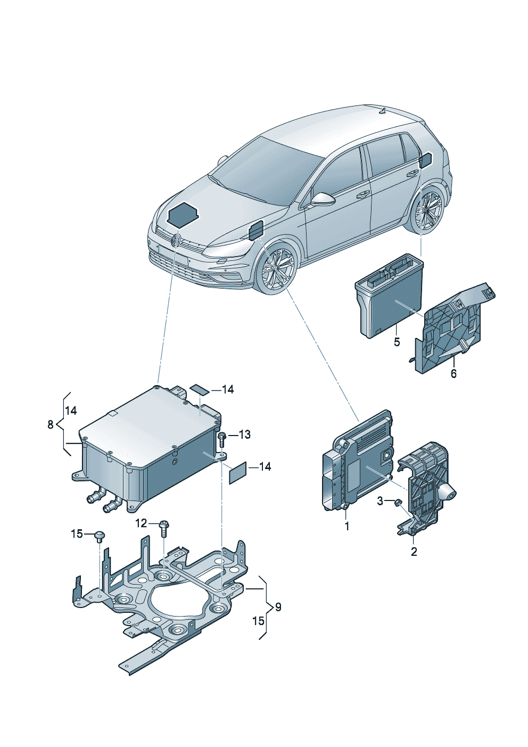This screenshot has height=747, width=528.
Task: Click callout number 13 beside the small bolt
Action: [244, 435]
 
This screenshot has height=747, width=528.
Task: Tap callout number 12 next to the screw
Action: [141, 523]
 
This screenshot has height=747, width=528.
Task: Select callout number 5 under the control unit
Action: [397, 342]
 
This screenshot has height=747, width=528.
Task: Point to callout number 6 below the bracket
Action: [453, 374]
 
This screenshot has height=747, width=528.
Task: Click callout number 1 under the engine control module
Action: [347, 526]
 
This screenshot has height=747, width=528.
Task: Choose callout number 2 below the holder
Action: [414, 552]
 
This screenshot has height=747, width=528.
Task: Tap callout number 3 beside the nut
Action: [380, 501]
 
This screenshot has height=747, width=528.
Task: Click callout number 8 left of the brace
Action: [51, 424]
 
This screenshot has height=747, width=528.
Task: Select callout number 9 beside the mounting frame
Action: [278, 607]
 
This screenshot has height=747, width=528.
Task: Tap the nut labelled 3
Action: [397, 502]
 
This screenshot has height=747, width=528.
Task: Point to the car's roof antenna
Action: [382, 111]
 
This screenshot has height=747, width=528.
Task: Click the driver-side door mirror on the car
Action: [323, 199]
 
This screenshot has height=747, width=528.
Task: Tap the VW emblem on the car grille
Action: [176, 240]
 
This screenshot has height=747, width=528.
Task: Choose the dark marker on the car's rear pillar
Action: [426, 160]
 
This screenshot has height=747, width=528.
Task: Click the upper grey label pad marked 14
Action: [200, 389]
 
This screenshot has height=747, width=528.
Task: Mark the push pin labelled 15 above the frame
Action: [100, 535]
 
